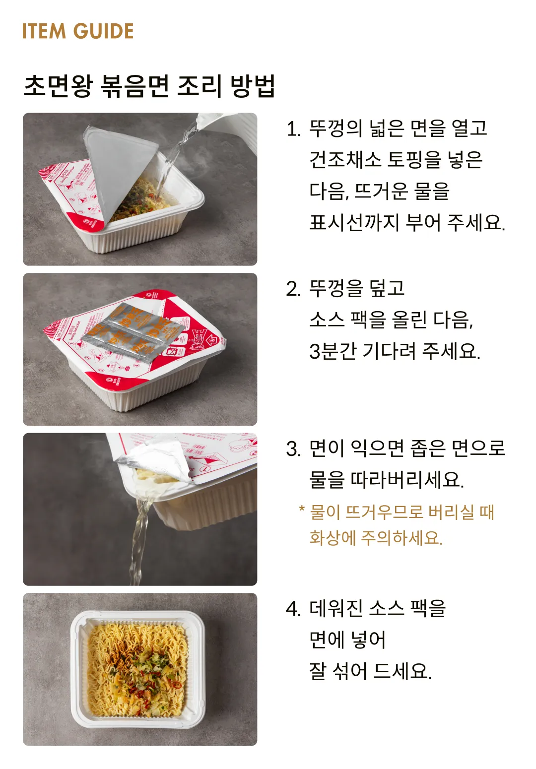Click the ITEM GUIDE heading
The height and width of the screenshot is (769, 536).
tap(78, 31)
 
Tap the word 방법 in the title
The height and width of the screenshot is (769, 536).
tap(253, 86)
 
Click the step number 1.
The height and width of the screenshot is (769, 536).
tap(293, 129)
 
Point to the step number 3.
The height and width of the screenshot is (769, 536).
tap(293, 449)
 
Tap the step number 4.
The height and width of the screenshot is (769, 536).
tap(293, 609)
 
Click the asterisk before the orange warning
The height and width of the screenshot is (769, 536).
tap(301, 510)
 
